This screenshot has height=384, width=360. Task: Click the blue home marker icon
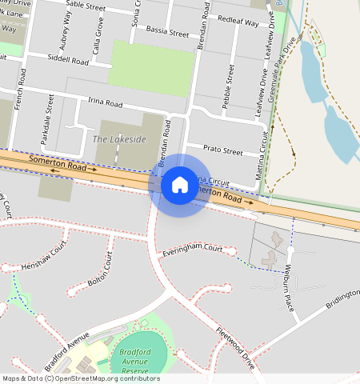[180, 185]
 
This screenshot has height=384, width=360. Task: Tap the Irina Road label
[104, 103]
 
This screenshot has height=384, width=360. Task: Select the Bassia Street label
[167, 34]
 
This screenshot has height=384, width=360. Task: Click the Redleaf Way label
[238, 22]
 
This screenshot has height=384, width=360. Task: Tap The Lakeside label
[120, 139]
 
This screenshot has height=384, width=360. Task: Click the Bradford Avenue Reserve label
[135, 361]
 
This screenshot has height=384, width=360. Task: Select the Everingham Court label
[191, 249]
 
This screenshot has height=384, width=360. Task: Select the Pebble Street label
[229, 89]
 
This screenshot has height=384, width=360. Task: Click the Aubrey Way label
[78, 32]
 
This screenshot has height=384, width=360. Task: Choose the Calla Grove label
[99, 35]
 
